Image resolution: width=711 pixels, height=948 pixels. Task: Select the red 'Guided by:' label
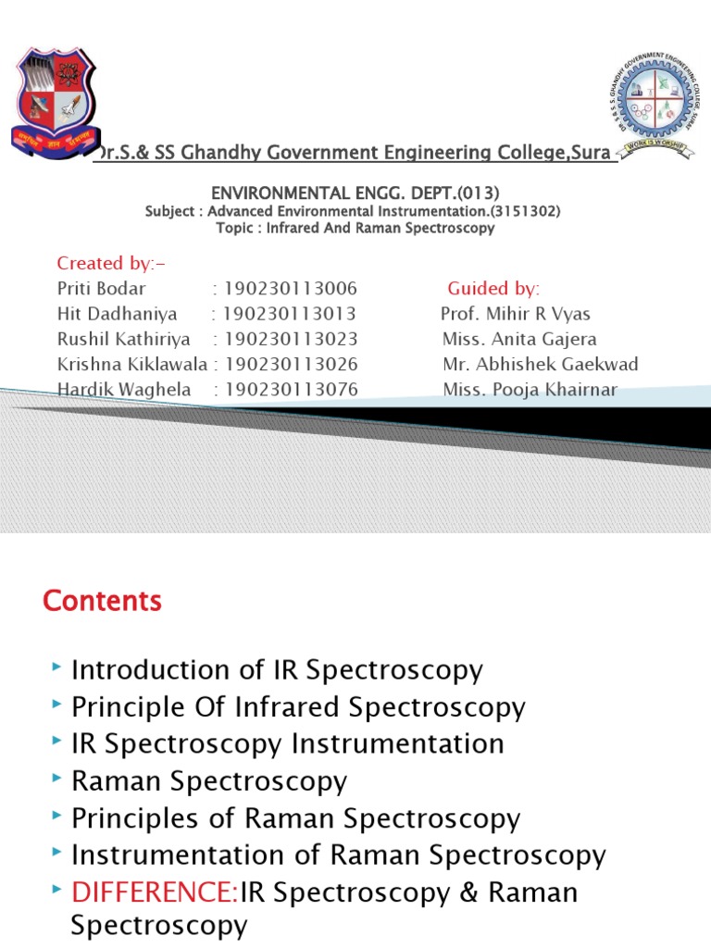click(493, 288)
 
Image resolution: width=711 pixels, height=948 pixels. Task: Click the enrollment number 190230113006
click(291, 288)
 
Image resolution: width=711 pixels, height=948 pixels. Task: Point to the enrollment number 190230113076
click(291, 390)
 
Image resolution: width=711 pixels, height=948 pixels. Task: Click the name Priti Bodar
click(101, 288)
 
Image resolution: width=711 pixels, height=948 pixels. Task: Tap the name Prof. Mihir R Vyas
click(515, 314)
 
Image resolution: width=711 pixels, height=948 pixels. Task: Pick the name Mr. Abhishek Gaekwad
click(540, 365)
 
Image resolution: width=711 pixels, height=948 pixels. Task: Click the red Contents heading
click(102, 601)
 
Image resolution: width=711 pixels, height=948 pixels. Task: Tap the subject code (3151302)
click(524, 211)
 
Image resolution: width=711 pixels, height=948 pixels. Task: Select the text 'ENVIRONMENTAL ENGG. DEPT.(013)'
click(355, 193)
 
